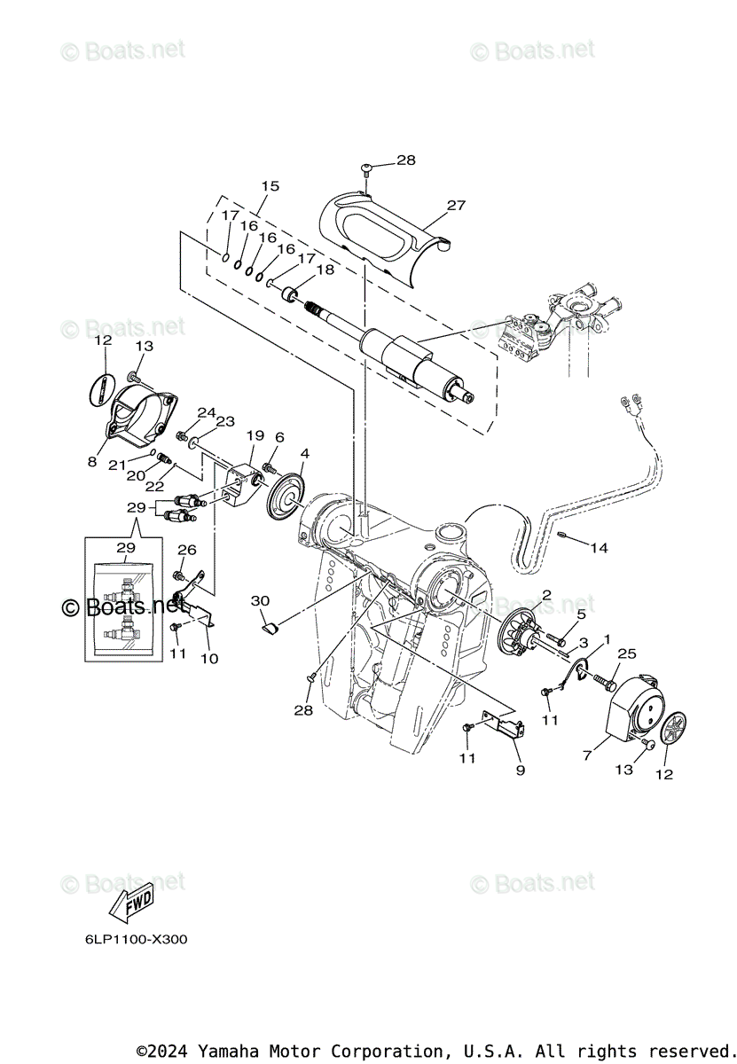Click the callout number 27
pyautogui.click(x=456, y=205)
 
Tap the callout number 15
pyautogui.click(x=270, y=186)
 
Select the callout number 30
pyautogui.click(x=260, y=600)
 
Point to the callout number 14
pyautogui.click(x=600, y=548)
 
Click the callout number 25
pyautogui.click(x=628, y=653)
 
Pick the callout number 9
pyautogui.click(x=521, y=770)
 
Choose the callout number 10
pyautogui.click(x=210, y=659)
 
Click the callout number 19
pyautogui.click(x=255, y=435)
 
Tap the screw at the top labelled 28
pyautogui.click(x=366, y=169)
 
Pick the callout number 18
pyautogui.click(x=324, y=270)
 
